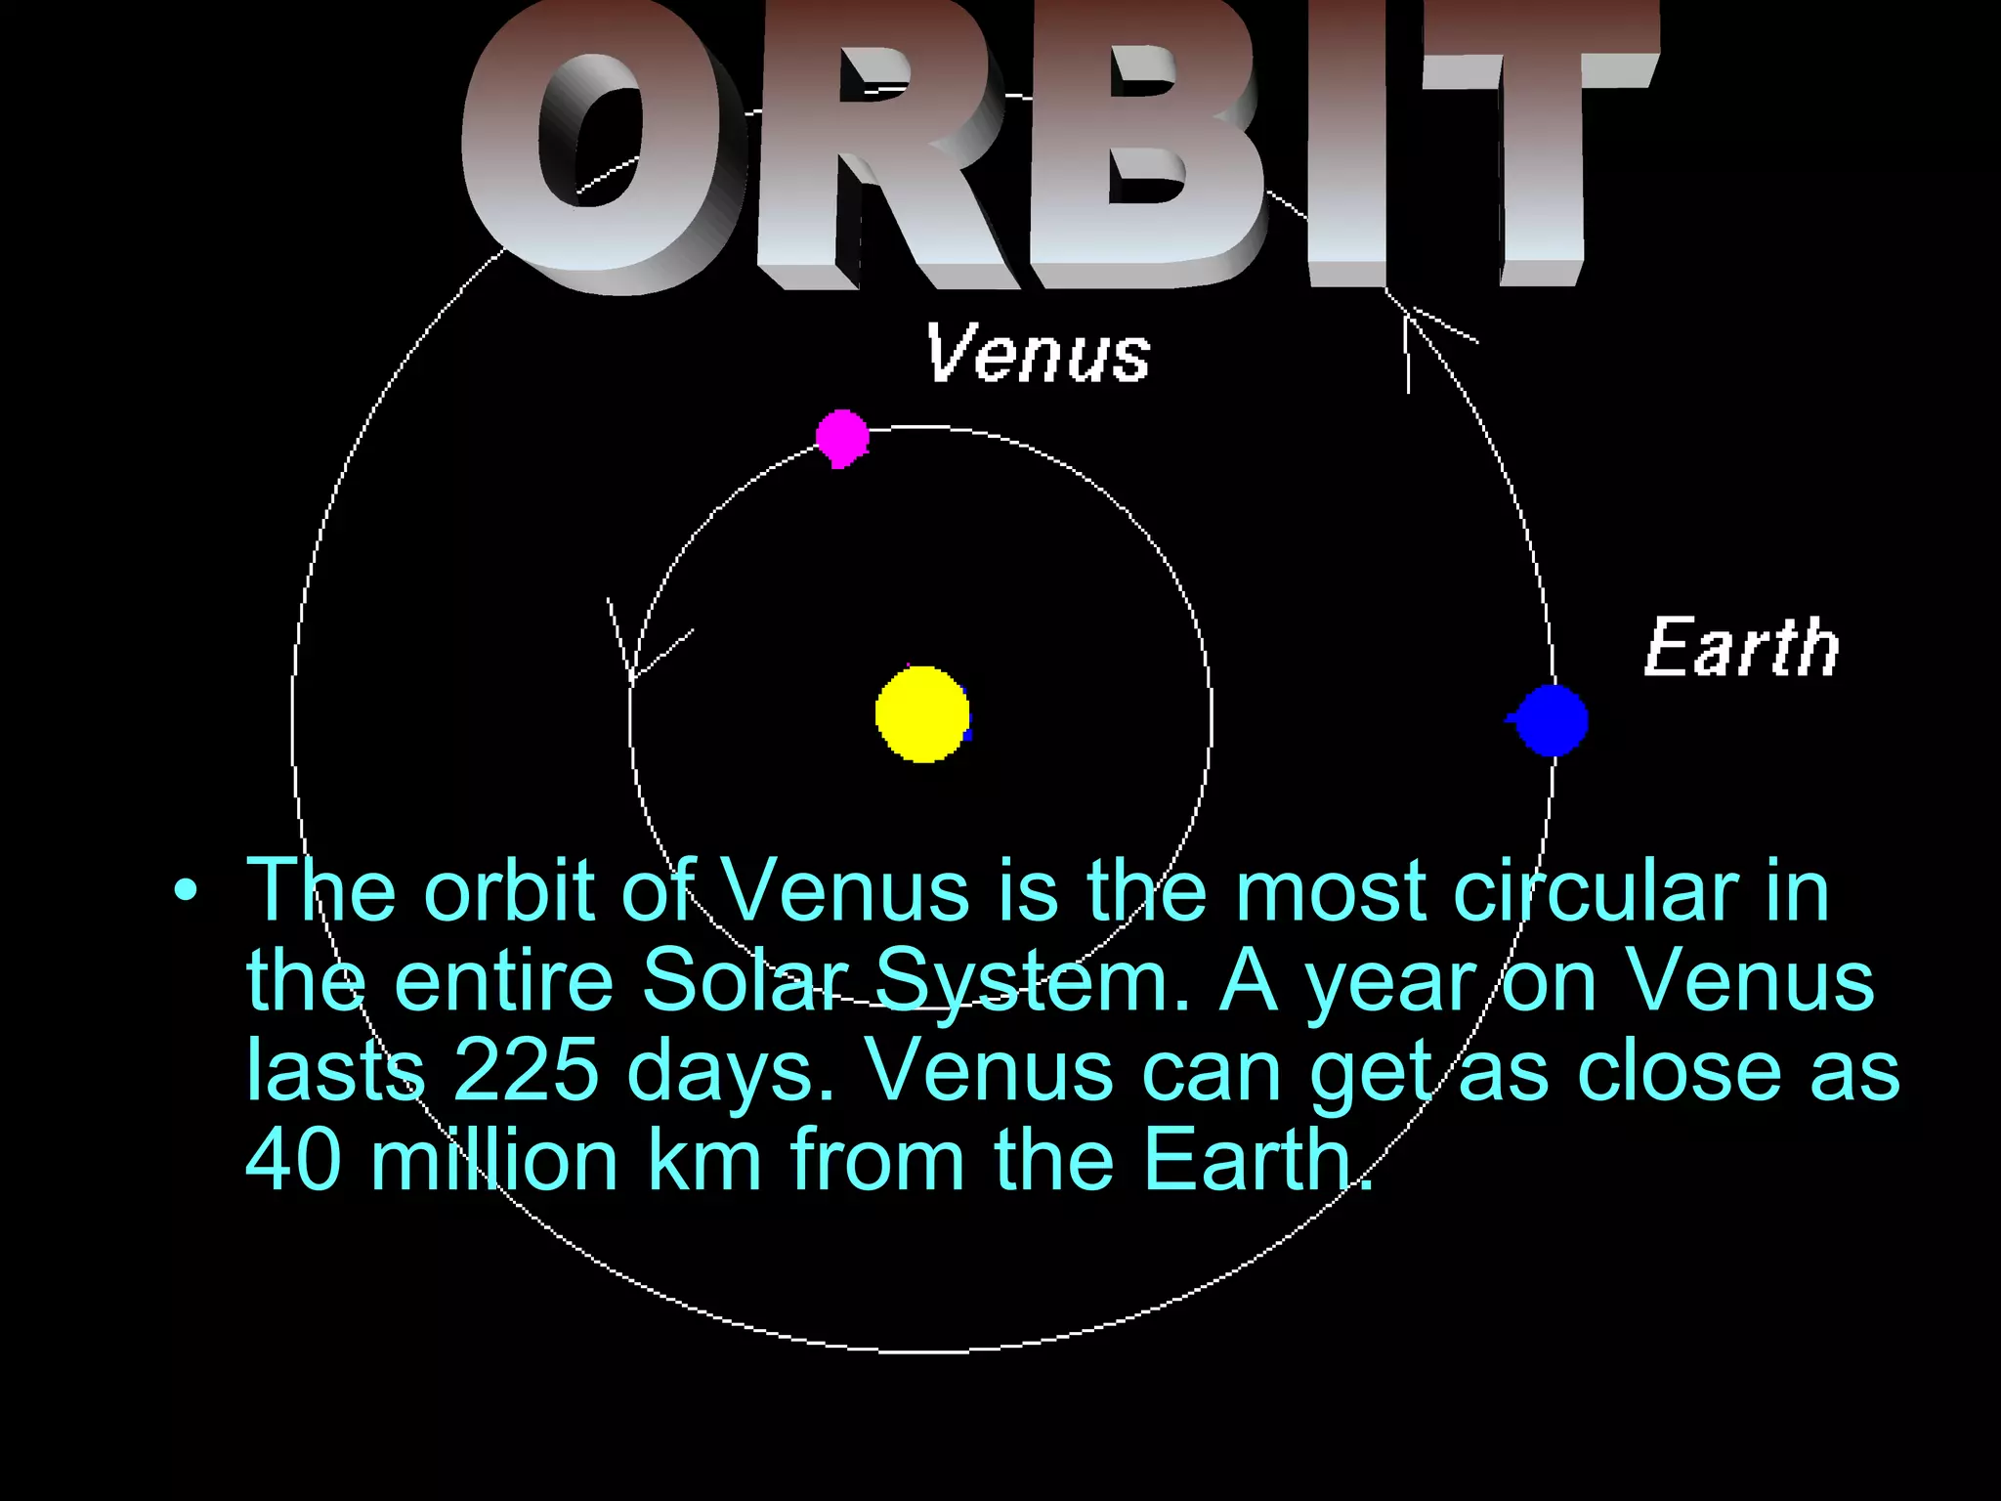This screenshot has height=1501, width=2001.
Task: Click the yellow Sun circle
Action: pyautogui.click(x=922, y=714)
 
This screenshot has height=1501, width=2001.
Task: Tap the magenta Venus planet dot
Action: pyautogui.click(x=841, y=437)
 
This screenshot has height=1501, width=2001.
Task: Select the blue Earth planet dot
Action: pyautogui.click(x=1553, y=720)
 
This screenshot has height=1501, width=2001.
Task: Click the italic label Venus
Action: pyautogui.click(x=1038, y=353)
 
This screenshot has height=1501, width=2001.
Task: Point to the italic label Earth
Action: pyautogui.click(x=1742, y=647)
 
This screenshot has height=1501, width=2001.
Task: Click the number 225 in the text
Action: pyautogui.click(x=526, y=1070)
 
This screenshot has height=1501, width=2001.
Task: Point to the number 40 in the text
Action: pyautogui.click(x=293, y=1160)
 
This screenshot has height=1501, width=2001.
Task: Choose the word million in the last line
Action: pyautogui.click(x=494, y=1160)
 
